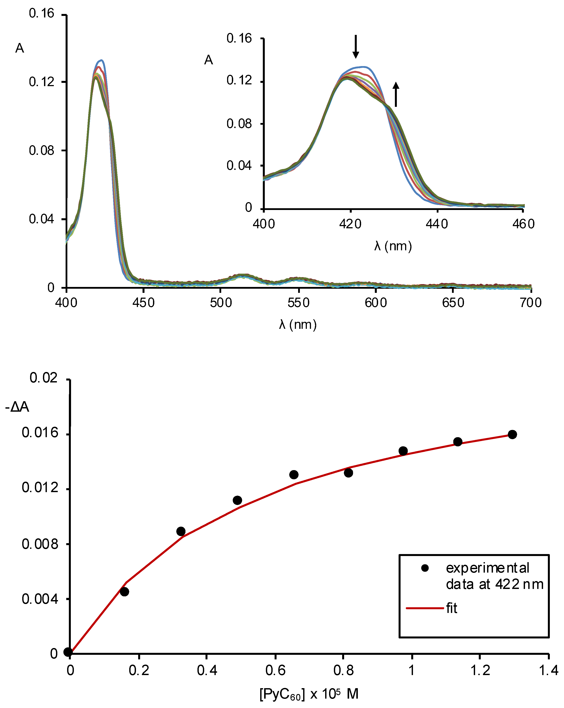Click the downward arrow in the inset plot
(355, 47)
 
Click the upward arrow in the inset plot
(396, 94)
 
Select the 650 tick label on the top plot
(453, 302)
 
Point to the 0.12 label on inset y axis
(239, 80)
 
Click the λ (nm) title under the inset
(393, 246)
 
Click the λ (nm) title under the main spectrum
(298, 324)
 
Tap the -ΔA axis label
(17, 407)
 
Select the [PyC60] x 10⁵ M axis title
(309, 694)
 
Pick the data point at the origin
(68, 652)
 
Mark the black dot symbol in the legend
(425, 568)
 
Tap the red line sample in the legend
(425, 608)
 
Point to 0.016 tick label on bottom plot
(40, 433)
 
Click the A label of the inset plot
(209, 60)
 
